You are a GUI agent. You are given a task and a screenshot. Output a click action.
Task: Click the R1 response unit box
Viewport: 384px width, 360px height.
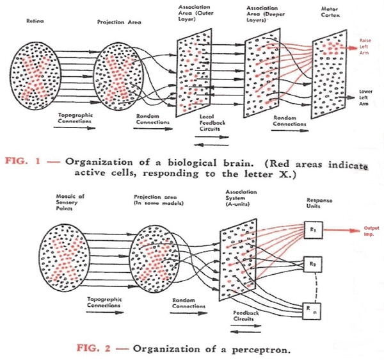tap(312, 226)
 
